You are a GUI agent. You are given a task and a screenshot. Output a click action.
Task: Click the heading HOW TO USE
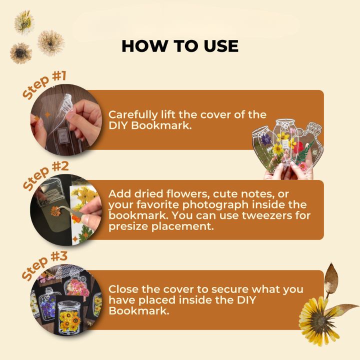click(180, 46)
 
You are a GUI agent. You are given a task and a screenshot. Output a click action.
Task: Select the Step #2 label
click(45, 175)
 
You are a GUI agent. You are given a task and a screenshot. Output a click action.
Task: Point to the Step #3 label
click(44, 265)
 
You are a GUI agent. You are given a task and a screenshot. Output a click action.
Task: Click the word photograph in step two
click(215, 205)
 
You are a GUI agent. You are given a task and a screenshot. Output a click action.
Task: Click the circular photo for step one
click(66, 120)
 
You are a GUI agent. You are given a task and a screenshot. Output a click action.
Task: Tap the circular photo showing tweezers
click(66, 210)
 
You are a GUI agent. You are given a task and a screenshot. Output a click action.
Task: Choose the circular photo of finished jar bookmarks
click(66, 300)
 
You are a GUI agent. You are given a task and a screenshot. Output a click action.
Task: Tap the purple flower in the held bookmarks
click(266, 139)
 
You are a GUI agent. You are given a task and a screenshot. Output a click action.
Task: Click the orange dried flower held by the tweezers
click(55, 211)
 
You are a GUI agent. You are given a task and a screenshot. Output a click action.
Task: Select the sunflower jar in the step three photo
click(69, 318)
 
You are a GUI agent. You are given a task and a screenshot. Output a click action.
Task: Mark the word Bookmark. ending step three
click(139, 311)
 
